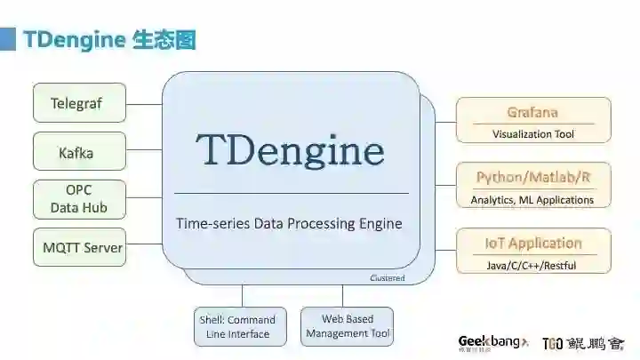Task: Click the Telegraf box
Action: [79, 103]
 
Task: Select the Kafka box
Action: [79, 153]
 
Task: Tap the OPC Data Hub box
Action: [79, 199]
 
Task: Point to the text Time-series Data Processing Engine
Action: [289, 223]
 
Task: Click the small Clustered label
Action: [387, 278]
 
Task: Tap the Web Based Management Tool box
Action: [347, 326]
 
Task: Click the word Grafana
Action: [532, 112]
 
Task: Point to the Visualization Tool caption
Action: [533, 134]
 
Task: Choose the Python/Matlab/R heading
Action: [532, 177]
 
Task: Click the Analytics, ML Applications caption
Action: [532, 200]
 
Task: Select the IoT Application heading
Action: [532, 243]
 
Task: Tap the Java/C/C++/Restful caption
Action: [532, 265]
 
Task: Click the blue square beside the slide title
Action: [7, 40]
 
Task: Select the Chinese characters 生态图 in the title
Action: [164, 40]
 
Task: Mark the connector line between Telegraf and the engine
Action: [144, 103]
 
